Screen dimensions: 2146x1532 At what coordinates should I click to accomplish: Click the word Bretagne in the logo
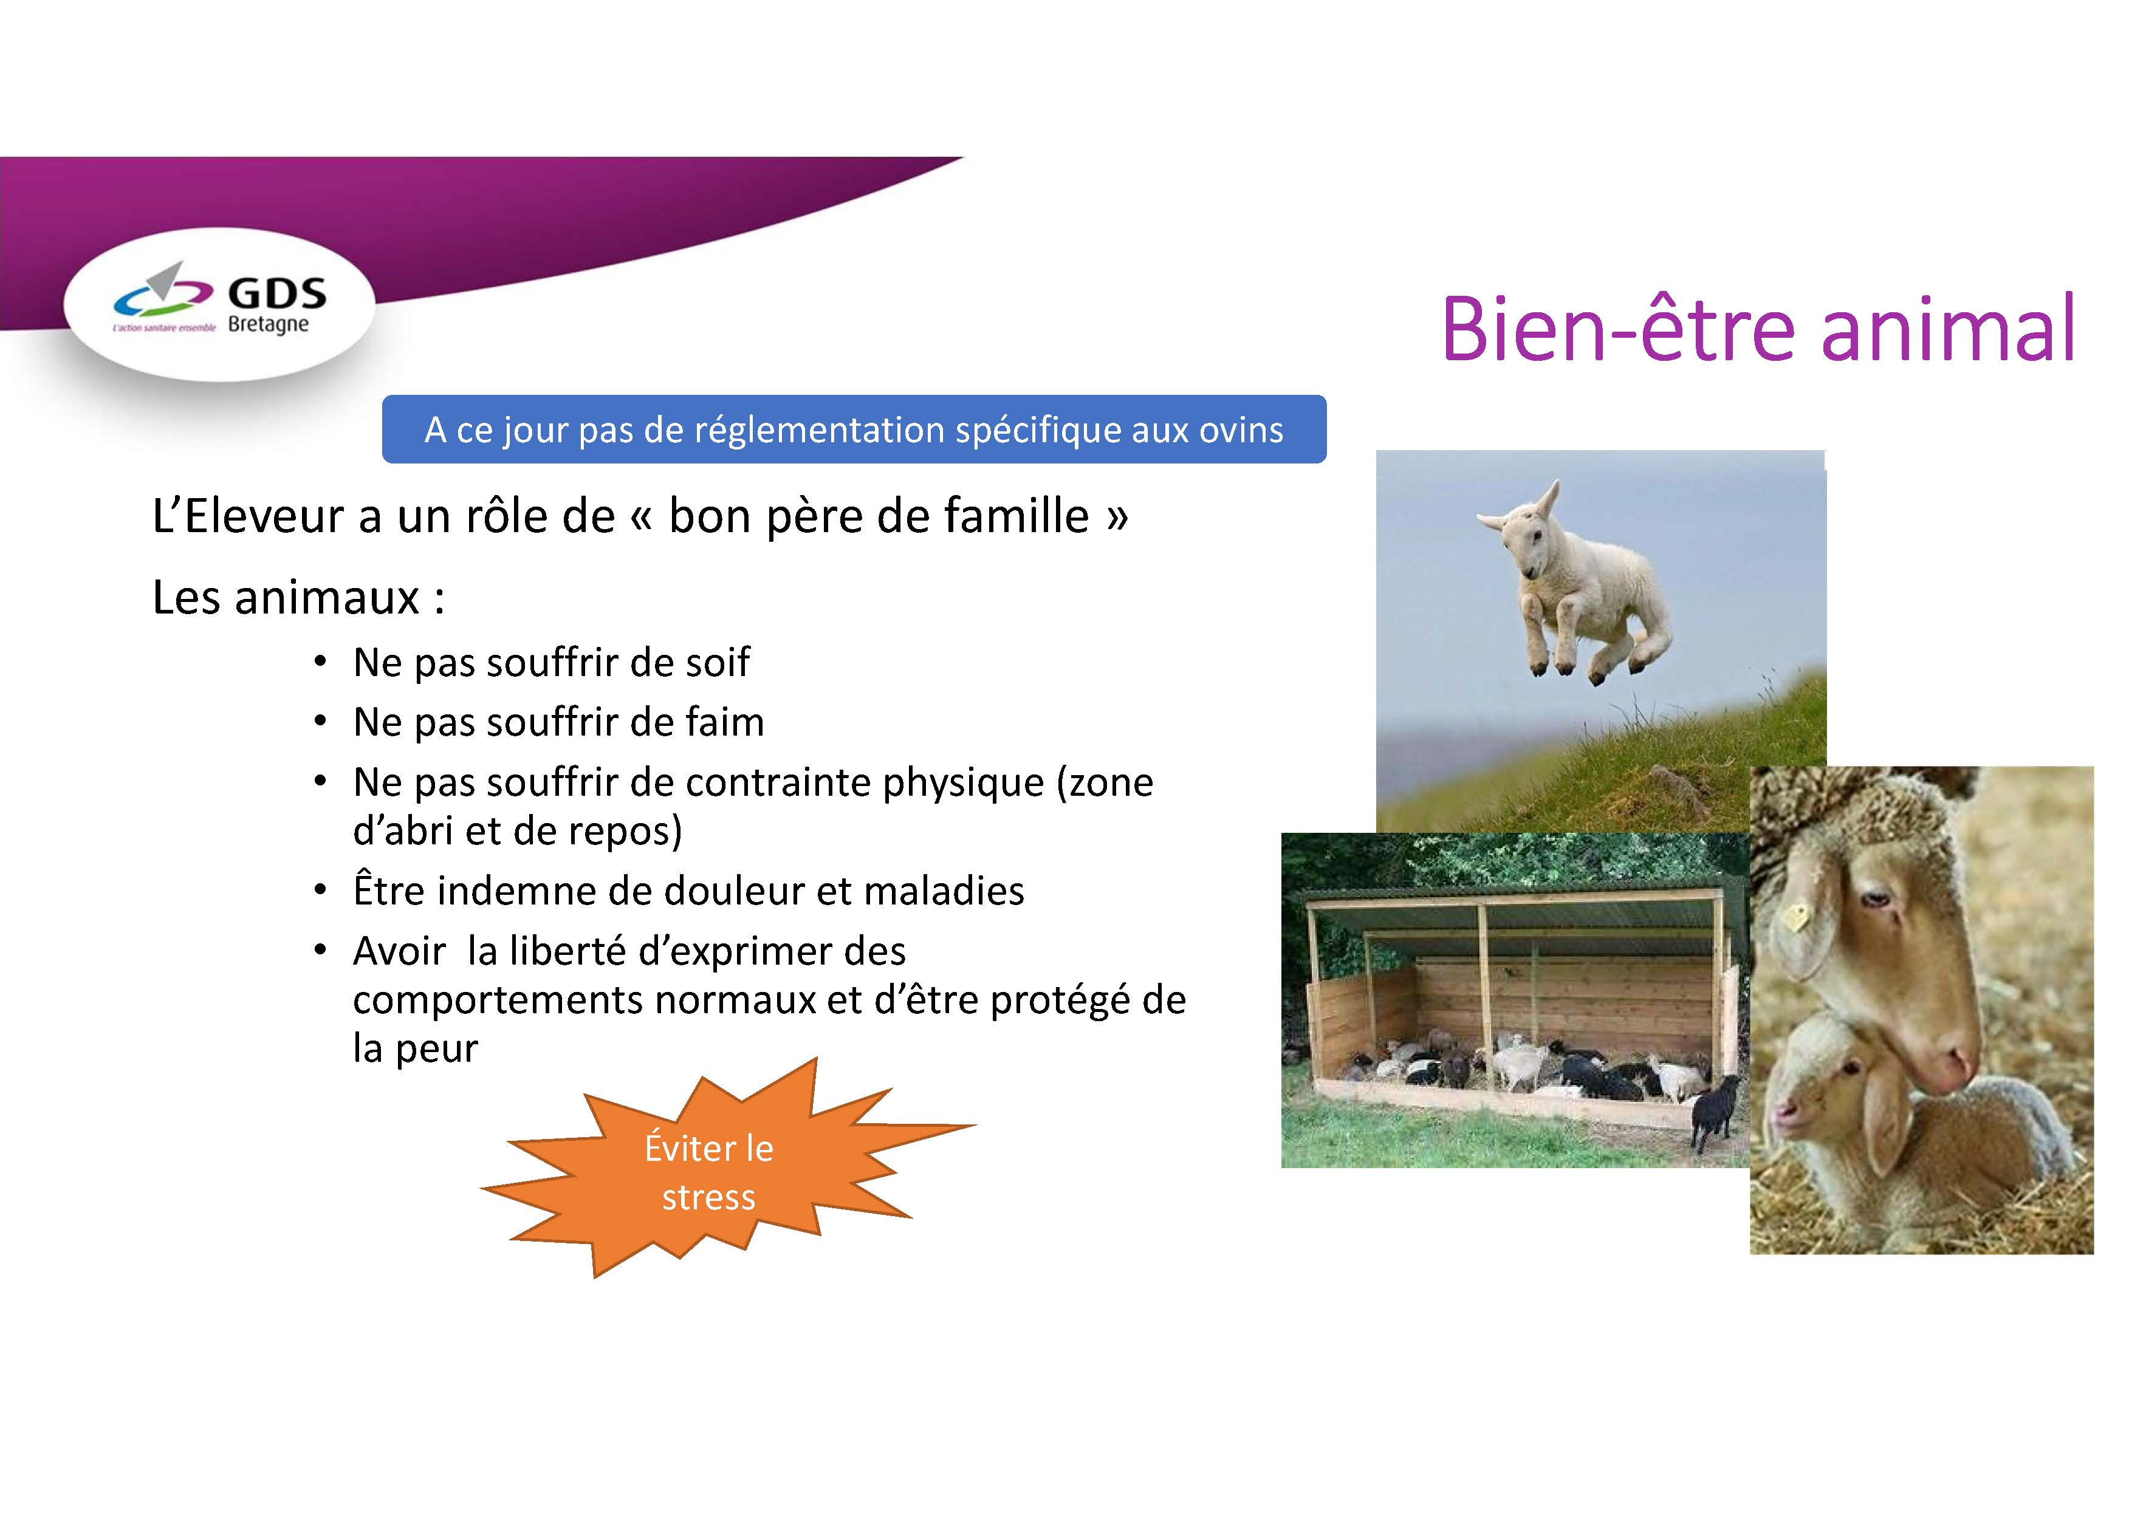click(269, 324)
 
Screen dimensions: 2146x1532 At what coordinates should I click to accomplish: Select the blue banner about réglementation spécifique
click(854, 429)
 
